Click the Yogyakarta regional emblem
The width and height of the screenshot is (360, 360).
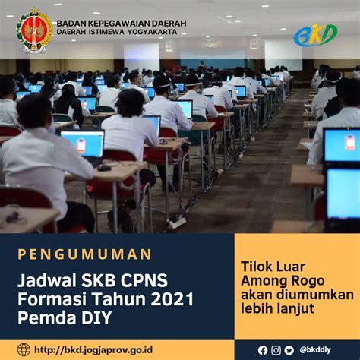coord(34,30)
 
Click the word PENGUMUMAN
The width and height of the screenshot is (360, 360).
coord(84,254)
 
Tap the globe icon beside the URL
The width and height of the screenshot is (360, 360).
coord(24,350)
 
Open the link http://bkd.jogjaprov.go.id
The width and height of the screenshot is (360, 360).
coord(93,350)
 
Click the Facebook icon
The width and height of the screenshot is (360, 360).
coord(263,350)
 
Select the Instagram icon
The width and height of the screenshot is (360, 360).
coord(276,350)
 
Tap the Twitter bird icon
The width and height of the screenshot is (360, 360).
coord(289,350)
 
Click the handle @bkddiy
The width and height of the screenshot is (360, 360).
coord(315,350)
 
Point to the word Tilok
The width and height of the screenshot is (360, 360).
coord(256,267)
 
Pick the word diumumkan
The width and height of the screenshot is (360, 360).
coord(315,295)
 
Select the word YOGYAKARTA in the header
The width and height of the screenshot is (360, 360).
coord(153,32)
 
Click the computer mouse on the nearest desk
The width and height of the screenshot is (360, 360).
coord(104,167)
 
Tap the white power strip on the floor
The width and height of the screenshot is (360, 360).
coord(176,223)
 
